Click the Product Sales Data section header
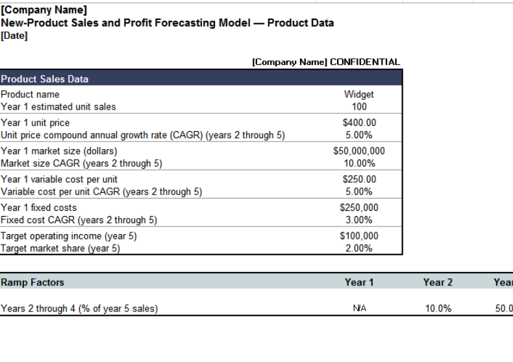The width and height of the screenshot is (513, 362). pyautogui.click(x=45, y=79)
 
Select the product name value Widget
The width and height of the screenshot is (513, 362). pyautogui.click(x=358, y=94)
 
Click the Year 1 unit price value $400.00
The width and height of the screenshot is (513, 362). pyautogui.click(x=358, y=123)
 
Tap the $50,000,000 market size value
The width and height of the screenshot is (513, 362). pyautogui.click(x=358, y=151)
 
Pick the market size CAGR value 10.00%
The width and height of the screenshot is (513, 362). pyautogui.click(x=358, y=163)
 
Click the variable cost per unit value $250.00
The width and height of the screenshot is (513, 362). pyautogui.click(x=358, y=179)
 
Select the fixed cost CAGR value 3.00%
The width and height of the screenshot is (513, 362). pyautogui.click(x=358, y=220)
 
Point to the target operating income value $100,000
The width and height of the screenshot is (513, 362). pyautogui.click(x=358, y=236)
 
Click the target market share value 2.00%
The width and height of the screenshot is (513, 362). pyautogui.click(x=358, y=248)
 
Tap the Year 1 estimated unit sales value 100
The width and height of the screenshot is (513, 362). pyautogui.click(x=358, y=106)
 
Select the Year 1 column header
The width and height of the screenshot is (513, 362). pyautogui.click(x=359, y=282)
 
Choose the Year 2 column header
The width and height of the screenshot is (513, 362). pyautogui.click(x=438, y=282)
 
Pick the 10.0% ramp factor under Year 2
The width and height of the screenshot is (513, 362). pyautogui.click(x=438, y=309)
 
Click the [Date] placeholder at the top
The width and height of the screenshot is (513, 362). pyautogui.click(x=14, y=36)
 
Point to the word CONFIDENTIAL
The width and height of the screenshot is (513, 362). pyautogui.click(x=365, y=62)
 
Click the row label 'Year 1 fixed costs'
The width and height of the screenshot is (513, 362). pyautogui.click(x=39, y=208)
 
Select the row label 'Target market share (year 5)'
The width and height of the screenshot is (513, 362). pyautogui.click(x=60, y=248)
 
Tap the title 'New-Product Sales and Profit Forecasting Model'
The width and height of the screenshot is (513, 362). pyautogui.click(x=125, y=23)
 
